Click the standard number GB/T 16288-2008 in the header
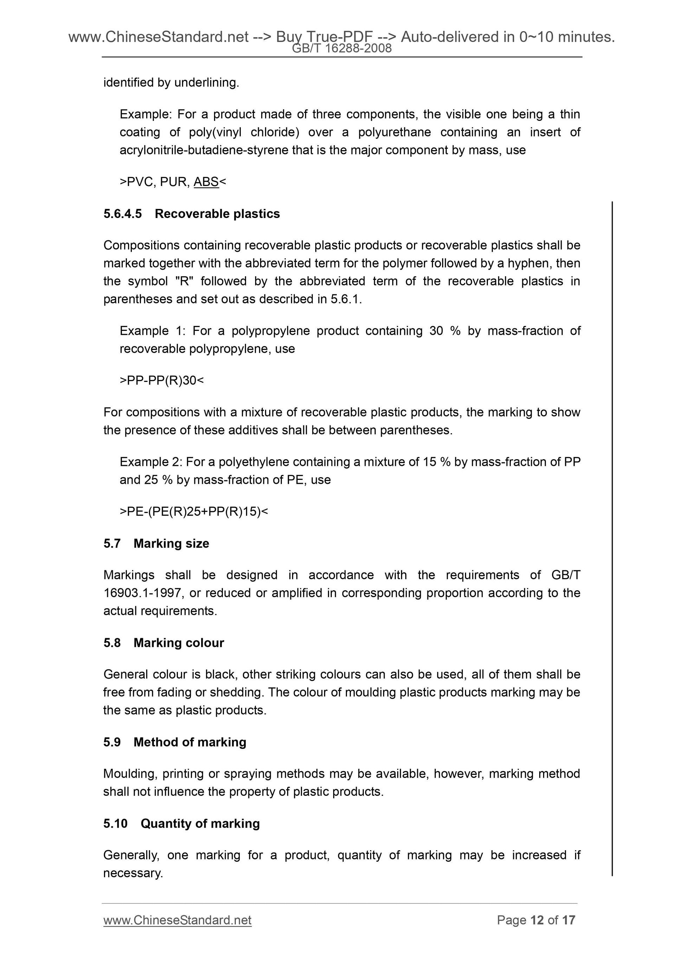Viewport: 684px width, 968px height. coord(342,49)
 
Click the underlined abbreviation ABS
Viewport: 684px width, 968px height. coord(206,182)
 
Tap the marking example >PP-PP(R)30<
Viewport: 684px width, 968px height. coord(161,381)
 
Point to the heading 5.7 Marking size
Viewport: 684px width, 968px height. coord(156,544)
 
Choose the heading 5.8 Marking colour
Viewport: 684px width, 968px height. coord(163,643)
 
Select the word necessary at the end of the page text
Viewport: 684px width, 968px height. coord(133,873)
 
